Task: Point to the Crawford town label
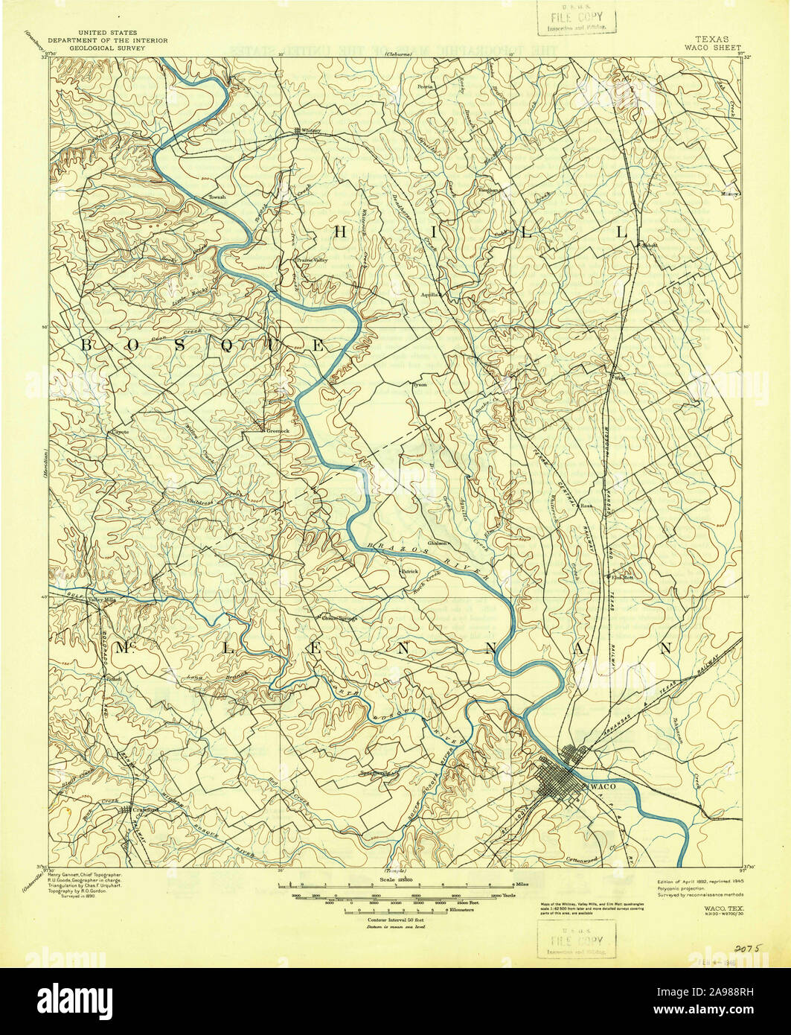click(143, 810)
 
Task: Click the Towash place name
click(217, 197)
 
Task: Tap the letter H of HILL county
click(341, 232)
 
